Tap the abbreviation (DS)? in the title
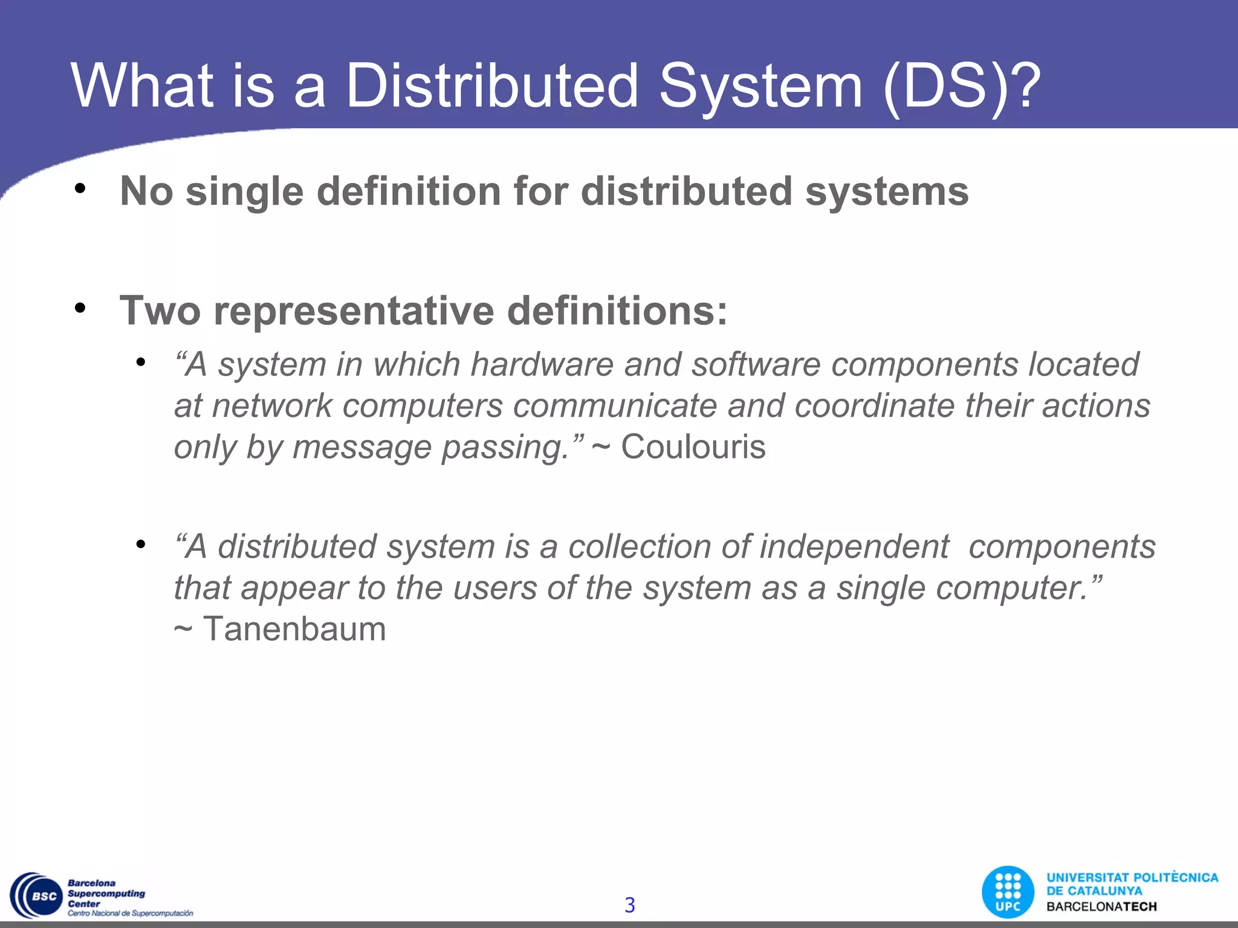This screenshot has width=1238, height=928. [x=961, y=86]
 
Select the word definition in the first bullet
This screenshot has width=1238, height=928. [x=409, y=192]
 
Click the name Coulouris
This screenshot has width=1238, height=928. [x=693, y=447]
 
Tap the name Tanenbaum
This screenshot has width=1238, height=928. [x=294, y=629]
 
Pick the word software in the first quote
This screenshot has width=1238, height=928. [x=756, y=364]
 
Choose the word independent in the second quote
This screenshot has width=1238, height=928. [x=854, y=547]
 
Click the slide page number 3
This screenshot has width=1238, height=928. [x=629, y=905]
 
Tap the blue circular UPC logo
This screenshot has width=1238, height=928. [x=1008, y=892]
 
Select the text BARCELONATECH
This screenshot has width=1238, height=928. [x=1101, y=907]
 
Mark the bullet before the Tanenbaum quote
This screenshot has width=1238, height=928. [x=141, y=544]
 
